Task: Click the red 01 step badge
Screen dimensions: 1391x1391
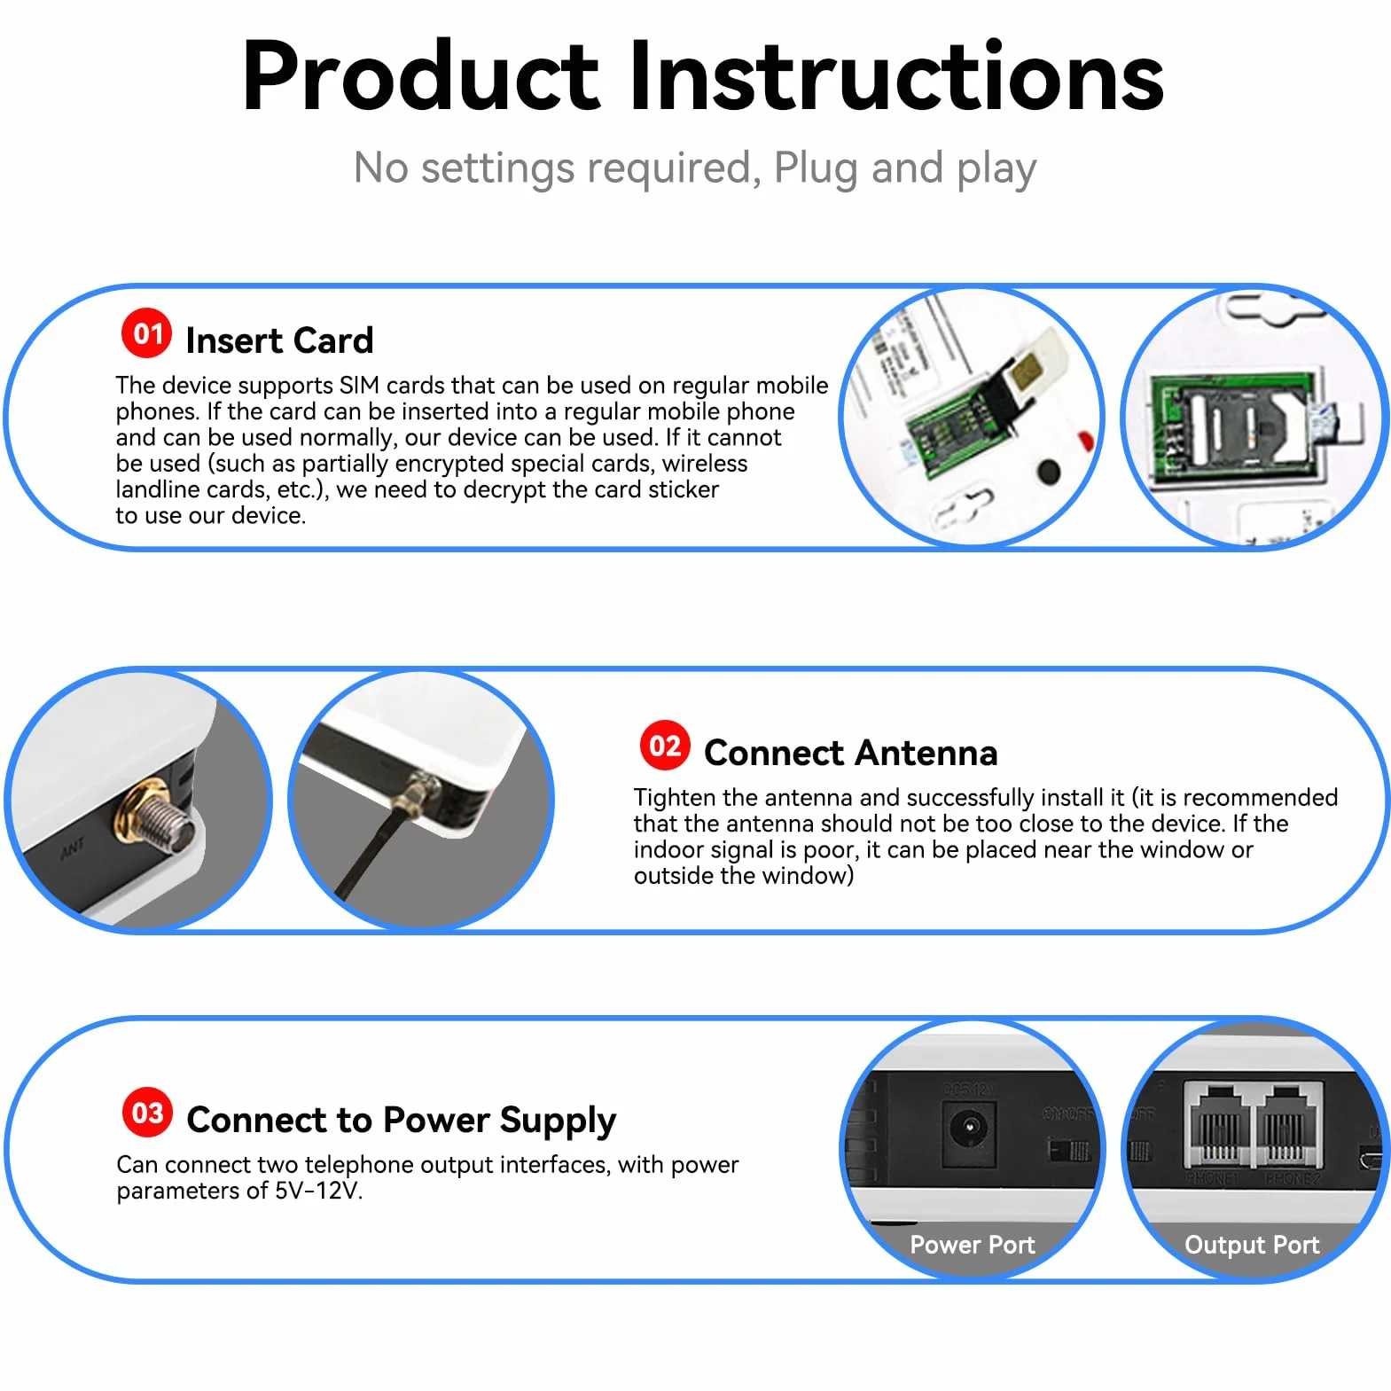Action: pyautogui.click(x=147, y=333)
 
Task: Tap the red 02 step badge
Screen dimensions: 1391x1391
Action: pyautogui.click(x=665, y=746)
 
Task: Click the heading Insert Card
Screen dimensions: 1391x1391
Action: pyautogui.click(x=279, y=340)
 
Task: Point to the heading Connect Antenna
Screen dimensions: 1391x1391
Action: pyautogui.click(x=850, y=753)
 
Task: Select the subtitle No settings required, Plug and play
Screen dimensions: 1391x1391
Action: pyautogui.click(x=695, y=168)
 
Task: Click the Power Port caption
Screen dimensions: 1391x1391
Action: pyautogui.click(x=973, y=1245)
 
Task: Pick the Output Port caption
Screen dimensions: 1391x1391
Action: pyautogui.click(x=1252, y=1245)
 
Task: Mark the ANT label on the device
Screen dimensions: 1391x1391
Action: pyautogui.click(x=73, y=848)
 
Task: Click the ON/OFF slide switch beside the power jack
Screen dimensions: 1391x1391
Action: pyautogui.click(x=1069, y=1151)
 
